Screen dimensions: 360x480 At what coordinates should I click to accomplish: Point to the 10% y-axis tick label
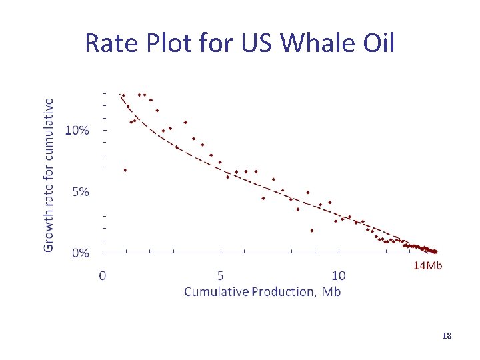tap(77, 130)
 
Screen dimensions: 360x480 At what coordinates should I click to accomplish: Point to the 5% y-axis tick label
tap(81, 192)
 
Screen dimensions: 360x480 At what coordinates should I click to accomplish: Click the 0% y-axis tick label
tap(81, 253)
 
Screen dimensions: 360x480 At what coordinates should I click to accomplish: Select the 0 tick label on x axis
tap(102, 275)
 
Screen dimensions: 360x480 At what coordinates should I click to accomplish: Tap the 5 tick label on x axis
tap(221, 275)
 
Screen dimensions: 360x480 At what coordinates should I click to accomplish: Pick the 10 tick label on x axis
tap(339, 275)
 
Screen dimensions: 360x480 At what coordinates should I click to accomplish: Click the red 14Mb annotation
tap(429, 266)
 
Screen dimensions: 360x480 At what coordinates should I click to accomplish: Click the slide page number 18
tap(447, 336)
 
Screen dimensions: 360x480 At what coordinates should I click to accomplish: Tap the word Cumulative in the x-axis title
tap(215, 291)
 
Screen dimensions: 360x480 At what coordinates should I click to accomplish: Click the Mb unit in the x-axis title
tap(332, 291)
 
